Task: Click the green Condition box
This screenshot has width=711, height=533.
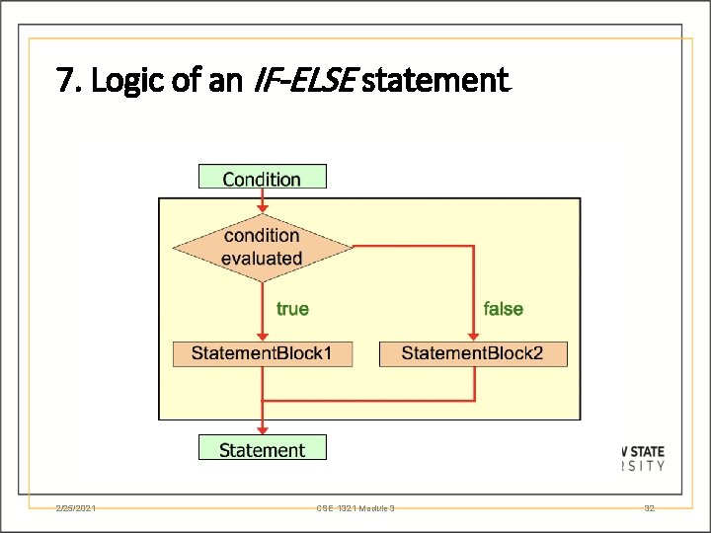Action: point(262,178)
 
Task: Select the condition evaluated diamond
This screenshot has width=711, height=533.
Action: point(262,247)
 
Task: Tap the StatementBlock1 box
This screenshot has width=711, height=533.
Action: point(262,353)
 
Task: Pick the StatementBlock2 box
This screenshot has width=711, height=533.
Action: point(473,353)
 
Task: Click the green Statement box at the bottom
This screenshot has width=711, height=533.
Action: point(262,450)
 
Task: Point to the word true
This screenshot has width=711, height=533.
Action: point(292,309)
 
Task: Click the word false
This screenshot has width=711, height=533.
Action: point(503,309)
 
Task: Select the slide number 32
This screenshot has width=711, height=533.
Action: point(649,508)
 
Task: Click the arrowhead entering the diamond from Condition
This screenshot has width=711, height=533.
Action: point(262,207)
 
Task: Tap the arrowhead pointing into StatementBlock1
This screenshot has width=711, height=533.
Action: point(262,336)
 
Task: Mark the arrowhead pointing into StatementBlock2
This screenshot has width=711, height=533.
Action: point(473,336)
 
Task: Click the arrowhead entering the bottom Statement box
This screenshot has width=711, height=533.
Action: point(262,428)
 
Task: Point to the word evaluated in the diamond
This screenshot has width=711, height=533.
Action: point(262,259)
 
